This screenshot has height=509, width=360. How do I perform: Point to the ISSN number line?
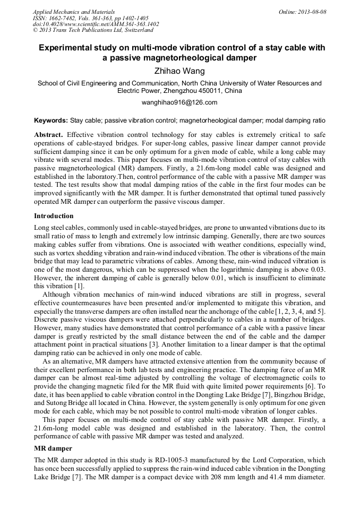click(90, 18)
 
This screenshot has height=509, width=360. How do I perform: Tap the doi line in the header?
click(96, 24)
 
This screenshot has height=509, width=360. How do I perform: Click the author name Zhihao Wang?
click(179, 71)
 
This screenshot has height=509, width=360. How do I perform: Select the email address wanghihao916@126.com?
click(179, 102)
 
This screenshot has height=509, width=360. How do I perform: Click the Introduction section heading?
click(54, 216)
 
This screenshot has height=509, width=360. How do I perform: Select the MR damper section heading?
click(52, 449)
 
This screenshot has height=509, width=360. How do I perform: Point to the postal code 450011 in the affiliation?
click(198, 91)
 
